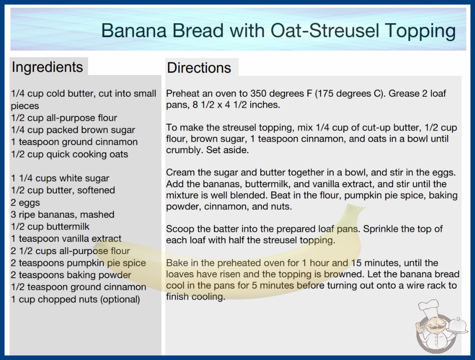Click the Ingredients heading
coord(47,67)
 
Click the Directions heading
coord(199,68)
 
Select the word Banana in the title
coord(134,30)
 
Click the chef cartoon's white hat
coord(429,307)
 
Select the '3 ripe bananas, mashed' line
coord(63,215)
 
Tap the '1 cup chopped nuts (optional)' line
coord(75,300)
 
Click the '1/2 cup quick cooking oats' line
coord(69,155)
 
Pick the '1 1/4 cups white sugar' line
coord(60,178)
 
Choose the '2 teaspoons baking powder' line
coord(71,275)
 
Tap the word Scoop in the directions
coord(180,229)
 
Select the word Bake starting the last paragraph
coord(175,263)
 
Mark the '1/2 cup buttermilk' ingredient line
coord(50,226)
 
